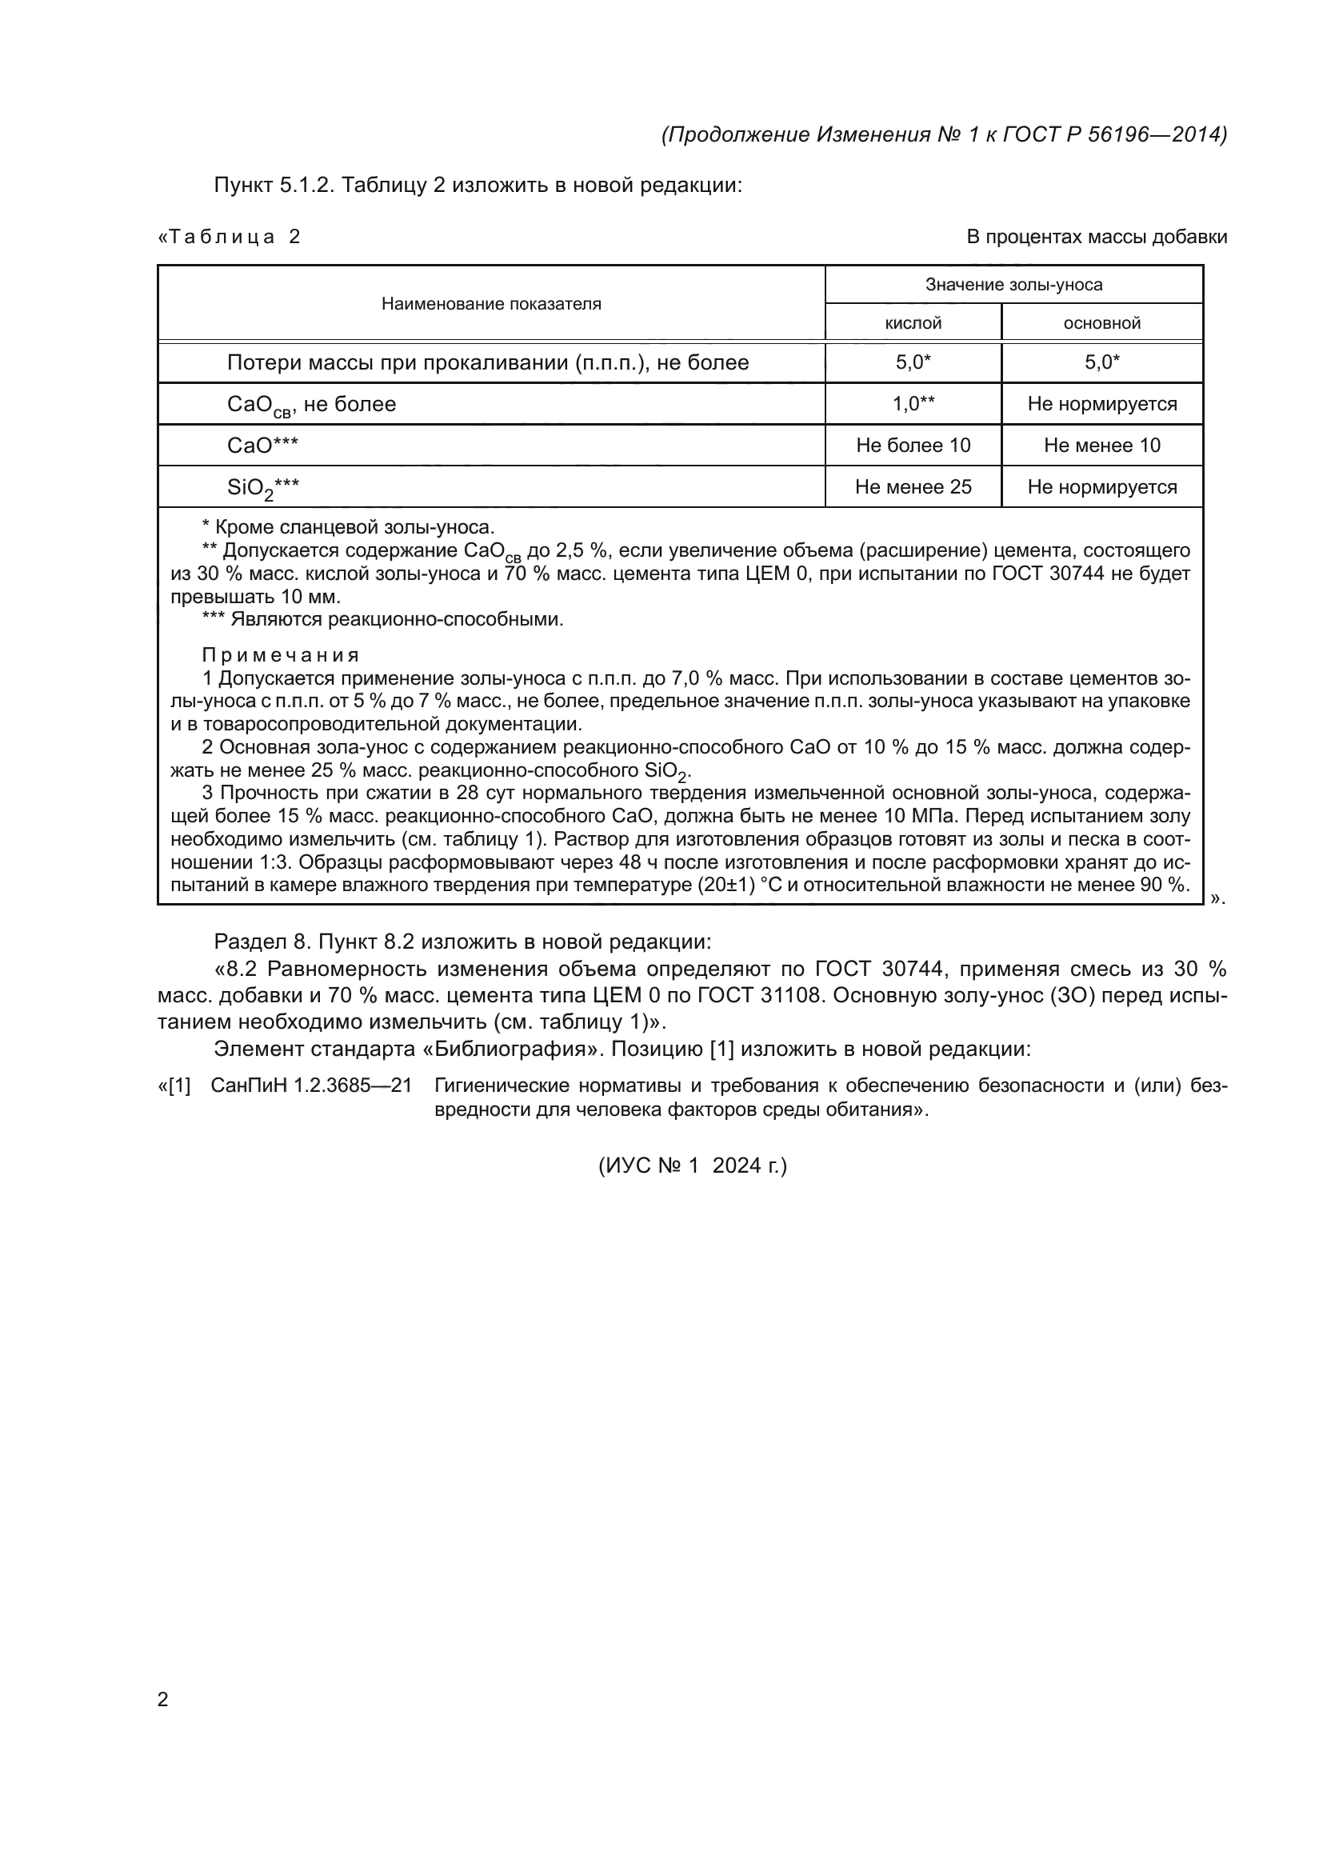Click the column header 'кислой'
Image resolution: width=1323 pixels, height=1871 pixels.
tap(913, 323)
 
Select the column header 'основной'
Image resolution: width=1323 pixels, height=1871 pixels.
tap(1101, 323)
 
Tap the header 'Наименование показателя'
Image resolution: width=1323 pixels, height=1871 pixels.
tap(491, 304)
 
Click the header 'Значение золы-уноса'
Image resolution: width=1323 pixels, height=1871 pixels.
tap(1013, 285)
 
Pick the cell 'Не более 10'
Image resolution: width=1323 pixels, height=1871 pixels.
tap(913, 446)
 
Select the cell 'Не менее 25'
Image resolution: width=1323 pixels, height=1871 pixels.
tap(913, 487)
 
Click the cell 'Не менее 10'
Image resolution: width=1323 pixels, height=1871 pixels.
tap(1101, 446)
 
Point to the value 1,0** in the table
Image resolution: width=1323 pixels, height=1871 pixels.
tap(913, 404)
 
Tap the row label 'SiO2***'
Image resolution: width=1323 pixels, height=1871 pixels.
tap(263, 488)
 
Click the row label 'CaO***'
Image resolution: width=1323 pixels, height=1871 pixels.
tap(262, 446)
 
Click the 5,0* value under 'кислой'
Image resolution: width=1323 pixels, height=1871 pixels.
tap(913, 362)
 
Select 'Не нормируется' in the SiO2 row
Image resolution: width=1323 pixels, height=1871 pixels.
tap(1101, 487)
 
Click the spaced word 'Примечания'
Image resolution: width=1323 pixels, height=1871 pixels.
tap(280, 655)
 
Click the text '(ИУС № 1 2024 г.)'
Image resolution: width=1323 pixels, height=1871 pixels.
tap(693, 1166)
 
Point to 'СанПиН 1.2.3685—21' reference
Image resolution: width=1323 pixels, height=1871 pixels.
tap(310, 1085)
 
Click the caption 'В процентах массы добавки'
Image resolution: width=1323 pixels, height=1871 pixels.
tap(1097, 237)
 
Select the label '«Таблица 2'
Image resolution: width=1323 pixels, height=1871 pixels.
tap(229, 237)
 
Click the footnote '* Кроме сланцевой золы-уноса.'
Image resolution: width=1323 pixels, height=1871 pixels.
tap(348, 527)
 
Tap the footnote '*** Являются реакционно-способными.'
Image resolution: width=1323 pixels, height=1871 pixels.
tap(382, 619)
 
